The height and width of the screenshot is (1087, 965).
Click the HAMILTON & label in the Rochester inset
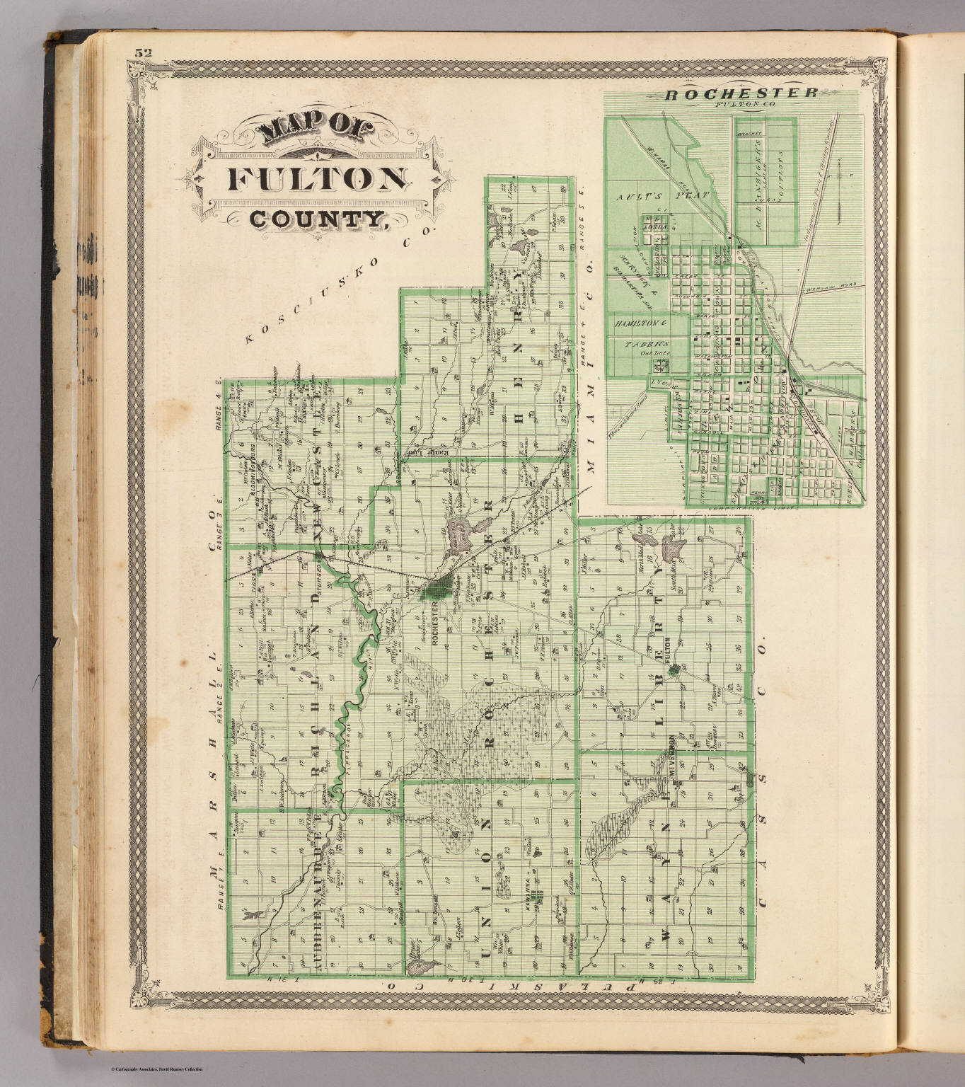pos(640,322)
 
